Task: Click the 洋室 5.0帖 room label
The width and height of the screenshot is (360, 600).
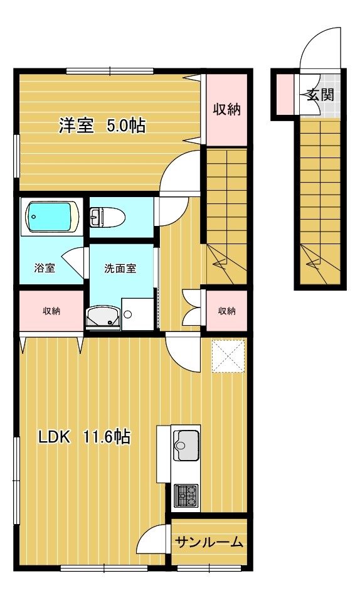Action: pyautogui.click(x=102, y=126)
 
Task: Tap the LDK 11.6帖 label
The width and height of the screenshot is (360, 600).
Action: pyautogui.click(x=85, y=437)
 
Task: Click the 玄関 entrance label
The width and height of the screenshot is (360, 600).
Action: pyautogui.click(x=320, y=95)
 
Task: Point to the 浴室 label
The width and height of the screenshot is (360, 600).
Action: pyautogui.click(x=44, y=268)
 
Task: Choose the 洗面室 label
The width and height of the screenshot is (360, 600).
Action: pyautogui.click(x=120, y=268)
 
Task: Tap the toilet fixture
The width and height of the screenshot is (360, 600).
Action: pyautogui.click(x=107, y=218)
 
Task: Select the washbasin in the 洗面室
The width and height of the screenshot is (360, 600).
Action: pyautogui.click(x=102, y=318)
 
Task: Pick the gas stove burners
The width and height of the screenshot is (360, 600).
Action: pyautogui.click(x=186, y=496)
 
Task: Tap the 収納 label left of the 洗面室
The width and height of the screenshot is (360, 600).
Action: pyautogui.click(x=51, y=311)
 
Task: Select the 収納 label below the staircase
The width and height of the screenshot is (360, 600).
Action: pyautogui.click(x=226, y=311)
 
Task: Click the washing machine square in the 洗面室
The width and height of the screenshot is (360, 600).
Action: pyautogui.click(x=137, y=314)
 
